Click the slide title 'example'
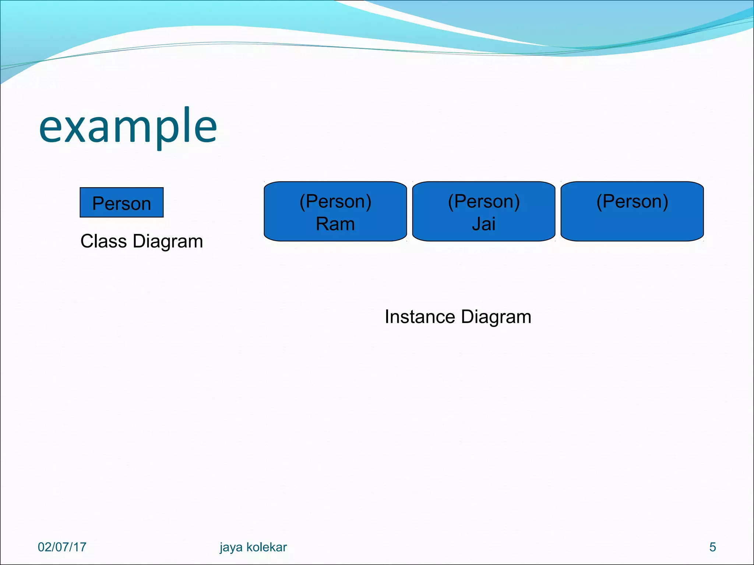pos(128,127)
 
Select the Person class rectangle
pos(121,203)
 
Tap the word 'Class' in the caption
pos(103,242)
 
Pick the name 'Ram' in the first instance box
pos(335,224)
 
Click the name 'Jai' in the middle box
pos(483,224)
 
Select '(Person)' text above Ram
pos(335,202)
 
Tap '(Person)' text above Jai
pos(483,202)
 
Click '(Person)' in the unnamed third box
pos(632,202)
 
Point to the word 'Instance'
pos(420,317)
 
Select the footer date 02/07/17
pos(62,547)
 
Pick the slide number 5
pos(712,547)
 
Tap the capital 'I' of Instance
pos(387,317)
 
